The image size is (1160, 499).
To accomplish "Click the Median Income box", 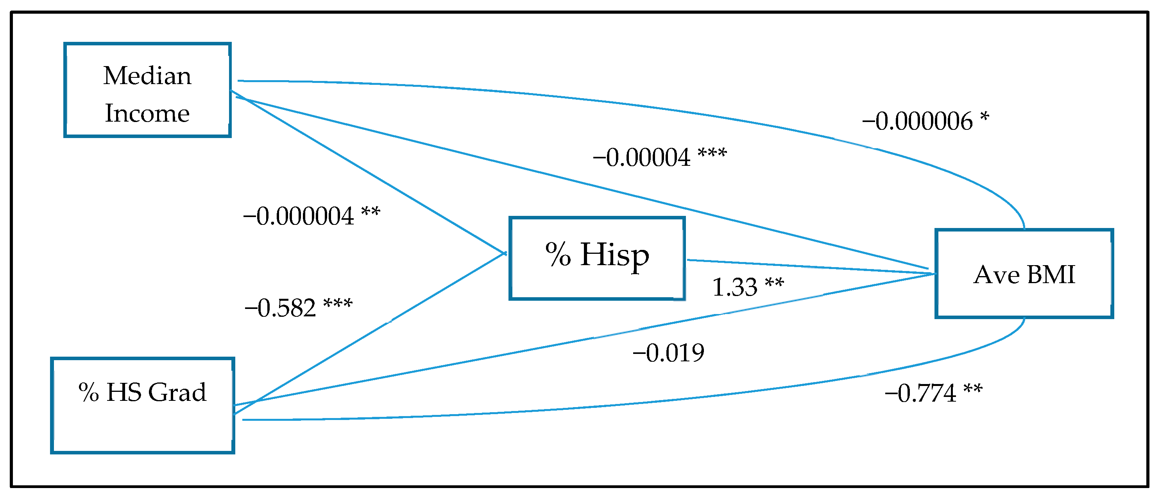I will pyautogui.click(x=147, y=90).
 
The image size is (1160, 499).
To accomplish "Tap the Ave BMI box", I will pyautogui.click(x=1024, y=274).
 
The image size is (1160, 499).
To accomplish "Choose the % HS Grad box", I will pyautogui.click(x=142, y=405).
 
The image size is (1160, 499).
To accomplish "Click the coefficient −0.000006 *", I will pyautogui.click(x=925, y=121).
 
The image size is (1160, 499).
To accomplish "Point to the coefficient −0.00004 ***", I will pyautogui.click(x=659, y=157).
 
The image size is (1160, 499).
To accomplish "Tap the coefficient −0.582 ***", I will pyautogui.click(x=298, y=308).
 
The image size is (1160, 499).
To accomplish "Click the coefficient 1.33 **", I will pyautogui.click(x=748, y=287).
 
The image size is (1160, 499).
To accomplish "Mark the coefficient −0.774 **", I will pyautogui.click(x=933, y=393).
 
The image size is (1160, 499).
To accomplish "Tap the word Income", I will pyautogui.click(x=147, y=113).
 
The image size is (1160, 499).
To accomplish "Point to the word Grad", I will pyautogui.click(x=177, y=392).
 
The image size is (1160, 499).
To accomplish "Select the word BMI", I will pyautogui.click(x=1051, y=274).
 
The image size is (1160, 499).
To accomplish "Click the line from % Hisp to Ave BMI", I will pyautogui.click(x=811, y=266).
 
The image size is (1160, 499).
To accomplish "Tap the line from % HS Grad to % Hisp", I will pyautogui.click(x=369, y=333).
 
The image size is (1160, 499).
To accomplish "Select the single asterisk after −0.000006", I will pyautogui.click(x=985, y=117).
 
